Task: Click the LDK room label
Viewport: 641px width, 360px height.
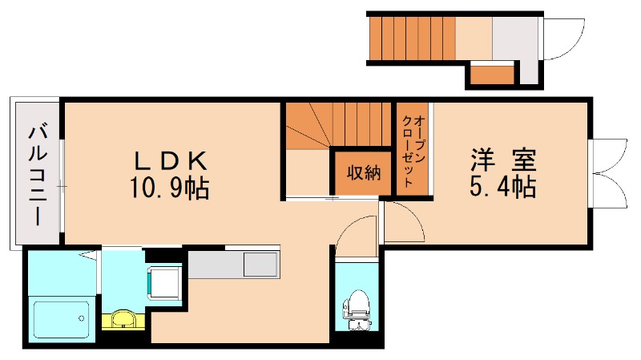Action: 171,161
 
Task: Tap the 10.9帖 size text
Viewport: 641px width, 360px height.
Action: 170,188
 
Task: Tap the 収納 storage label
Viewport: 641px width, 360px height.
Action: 364,172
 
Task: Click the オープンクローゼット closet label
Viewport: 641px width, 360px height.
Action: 413,152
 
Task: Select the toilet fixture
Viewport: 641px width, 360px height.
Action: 357,309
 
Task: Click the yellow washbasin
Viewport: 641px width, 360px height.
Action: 123,319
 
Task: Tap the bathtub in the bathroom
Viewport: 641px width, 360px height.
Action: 62,320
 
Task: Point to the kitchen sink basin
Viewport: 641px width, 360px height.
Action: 260,265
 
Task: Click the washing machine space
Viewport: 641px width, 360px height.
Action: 165,282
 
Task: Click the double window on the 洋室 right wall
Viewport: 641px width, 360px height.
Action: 609,173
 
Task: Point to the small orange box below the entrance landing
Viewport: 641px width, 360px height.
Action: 492,74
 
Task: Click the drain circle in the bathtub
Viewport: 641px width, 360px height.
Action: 82,318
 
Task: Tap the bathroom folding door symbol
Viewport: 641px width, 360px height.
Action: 93,257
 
